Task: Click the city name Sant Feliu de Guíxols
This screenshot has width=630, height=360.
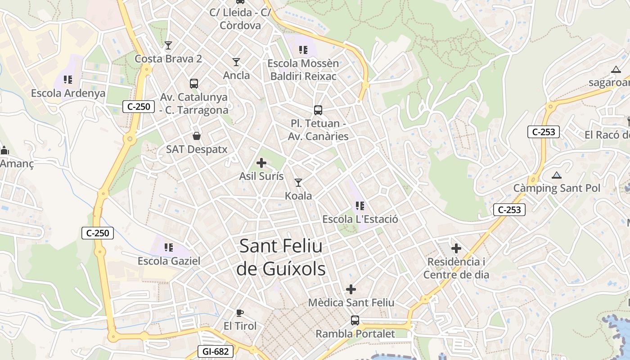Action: (x=281, y=257)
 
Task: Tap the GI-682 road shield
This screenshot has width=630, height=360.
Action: (x=216, y=351)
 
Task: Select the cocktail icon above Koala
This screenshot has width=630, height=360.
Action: (x=298, y=182)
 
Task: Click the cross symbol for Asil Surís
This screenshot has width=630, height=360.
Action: (x=261, y=163)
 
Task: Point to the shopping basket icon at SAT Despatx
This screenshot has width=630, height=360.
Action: (x=197, y=135)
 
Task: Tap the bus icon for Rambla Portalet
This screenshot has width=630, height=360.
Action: (x=355, y=320)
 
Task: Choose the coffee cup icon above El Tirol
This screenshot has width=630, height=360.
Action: (x=240, y=313)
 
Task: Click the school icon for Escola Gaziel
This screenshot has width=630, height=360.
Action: (x=169, y=247)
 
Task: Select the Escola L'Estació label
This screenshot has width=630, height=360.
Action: (x=360, y=220)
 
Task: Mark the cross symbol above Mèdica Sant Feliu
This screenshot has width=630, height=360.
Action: (x=351, y=289)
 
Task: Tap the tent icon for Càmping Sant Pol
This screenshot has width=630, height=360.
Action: (x=557, y=175)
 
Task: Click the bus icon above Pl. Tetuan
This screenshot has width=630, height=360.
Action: (x=318, y=110)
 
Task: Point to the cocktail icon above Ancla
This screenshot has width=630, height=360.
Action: (x=236, y=62)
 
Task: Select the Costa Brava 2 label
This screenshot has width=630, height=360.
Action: (x=168, y=59)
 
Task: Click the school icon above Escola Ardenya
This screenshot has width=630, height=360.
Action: (x=68, y=80)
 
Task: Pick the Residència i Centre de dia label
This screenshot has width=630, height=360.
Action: (x=456, y=268)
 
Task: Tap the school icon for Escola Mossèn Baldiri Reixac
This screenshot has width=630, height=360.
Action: (x=303, y=49)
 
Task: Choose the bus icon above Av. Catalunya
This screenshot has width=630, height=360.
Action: (x=194, y=83)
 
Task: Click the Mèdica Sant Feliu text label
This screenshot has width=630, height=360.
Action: (x=351, y=303)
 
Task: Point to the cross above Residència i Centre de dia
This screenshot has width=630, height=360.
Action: (x=456, y=248)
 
